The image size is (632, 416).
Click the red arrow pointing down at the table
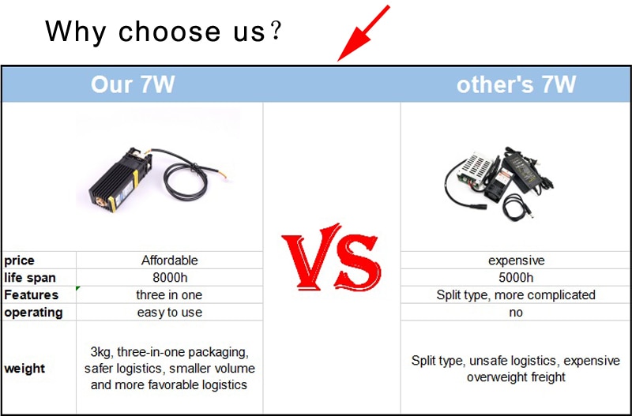tap(363, 33)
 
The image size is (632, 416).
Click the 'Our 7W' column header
tap(133, 84)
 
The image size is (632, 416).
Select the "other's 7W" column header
tap(516, 84)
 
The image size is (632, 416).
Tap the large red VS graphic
tap(331, 257)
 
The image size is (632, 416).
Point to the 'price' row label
tap(19, 260)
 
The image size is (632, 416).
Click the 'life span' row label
tap(30, 278)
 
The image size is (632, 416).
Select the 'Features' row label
tap(31, 294)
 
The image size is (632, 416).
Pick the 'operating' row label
tap(33, 313)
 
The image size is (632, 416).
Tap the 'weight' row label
tap(24, 369)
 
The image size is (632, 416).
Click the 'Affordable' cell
tap(170, 260)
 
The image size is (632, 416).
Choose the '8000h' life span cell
tap(170, 278)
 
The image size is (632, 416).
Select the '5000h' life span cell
tap(516, 278)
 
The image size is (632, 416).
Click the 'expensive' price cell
tap(517, 261)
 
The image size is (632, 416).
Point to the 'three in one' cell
tap(169, 295)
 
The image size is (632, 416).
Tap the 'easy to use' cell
tap(170, 313)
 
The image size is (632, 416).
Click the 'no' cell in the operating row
tap(516, 313)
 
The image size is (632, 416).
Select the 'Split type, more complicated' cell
tap(516, 295)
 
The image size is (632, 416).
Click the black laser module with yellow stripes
tap(120, 179)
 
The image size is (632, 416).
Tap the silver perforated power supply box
tap(476, 170)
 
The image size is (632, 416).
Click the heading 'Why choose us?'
tap(163, 32)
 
